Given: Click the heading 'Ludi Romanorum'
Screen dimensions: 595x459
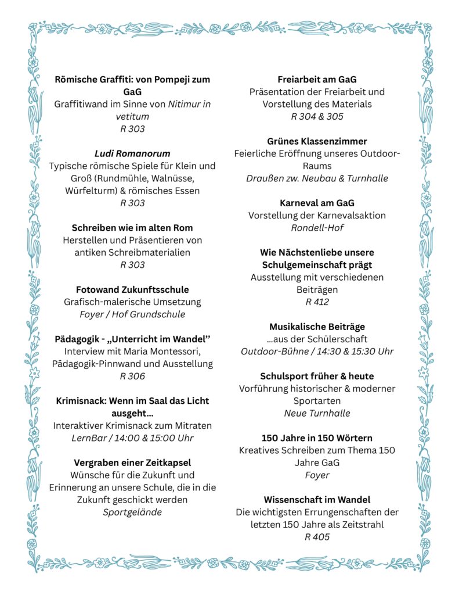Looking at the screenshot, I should [132, 153].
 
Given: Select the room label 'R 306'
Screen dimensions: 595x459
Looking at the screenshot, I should [132, 376].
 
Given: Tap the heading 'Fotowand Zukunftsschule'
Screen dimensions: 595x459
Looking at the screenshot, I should [132, 289].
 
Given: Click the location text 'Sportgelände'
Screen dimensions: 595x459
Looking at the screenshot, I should [132, 512].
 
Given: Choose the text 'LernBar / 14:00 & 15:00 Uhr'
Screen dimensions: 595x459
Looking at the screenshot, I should [132, 438].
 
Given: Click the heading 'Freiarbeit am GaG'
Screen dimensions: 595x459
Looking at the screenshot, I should [317, 80].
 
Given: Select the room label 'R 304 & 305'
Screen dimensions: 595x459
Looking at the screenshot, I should [317, 116].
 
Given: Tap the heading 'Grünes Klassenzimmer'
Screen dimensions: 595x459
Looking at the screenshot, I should [317, 141].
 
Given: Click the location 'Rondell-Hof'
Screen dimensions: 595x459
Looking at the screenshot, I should [317, 228].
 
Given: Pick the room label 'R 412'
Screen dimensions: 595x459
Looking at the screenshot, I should [317, 302].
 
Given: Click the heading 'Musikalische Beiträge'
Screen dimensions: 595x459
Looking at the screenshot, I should [317, 327].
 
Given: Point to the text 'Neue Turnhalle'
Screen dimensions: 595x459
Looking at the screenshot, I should [317, 413].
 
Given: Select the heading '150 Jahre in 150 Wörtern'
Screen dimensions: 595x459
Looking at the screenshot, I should [317, 438].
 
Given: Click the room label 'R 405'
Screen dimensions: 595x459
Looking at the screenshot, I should [317, 536].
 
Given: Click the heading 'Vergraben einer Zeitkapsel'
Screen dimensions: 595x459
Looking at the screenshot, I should [132, 463].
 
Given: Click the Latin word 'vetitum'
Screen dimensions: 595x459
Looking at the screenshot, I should [132, 116].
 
